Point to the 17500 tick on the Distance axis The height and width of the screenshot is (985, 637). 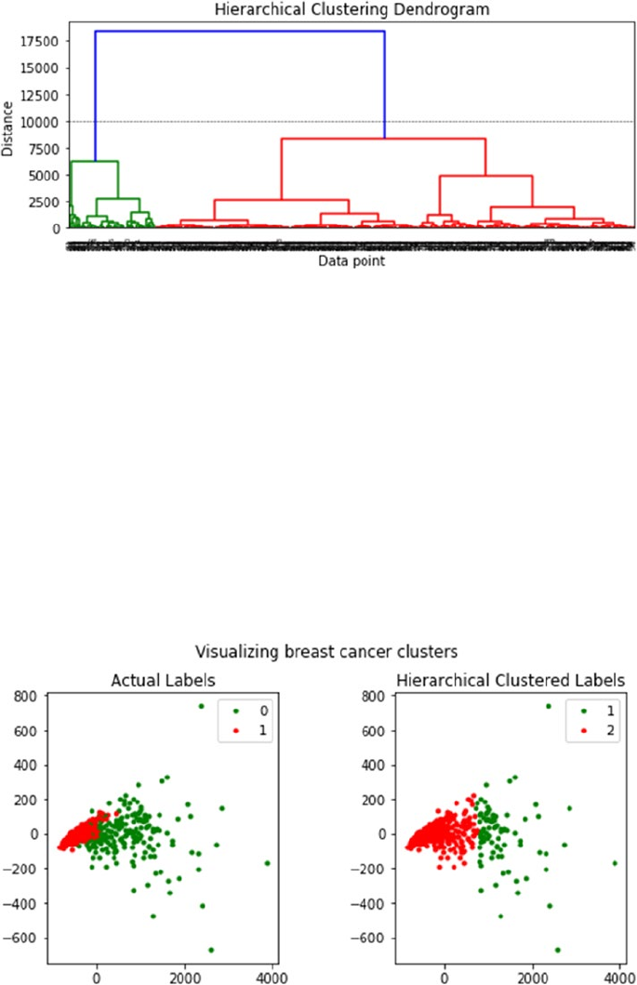point(40,41)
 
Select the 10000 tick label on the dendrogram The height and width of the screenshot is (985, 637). point(40,122)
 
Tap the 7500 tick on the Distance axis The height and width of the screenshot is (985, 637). point(44,148)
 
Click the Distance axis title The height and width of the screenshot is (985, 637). point(8,127)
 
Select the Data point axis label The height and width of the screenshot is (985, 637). point(352,262)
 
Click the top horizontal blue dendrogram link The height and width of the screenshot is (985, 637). point(240,32)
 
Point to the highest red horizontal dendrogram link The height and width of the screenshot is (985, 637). point(383,139)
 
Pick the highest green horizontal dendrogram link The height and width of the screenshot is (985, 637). point(94,162)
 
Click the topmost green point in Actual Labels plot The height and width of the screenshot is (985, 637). point(201,706)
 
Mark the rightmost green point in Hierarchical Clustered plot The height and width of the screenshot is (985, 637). point(615,863)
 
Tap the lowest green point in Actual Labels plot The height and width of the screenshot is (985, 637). point(211,950)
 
